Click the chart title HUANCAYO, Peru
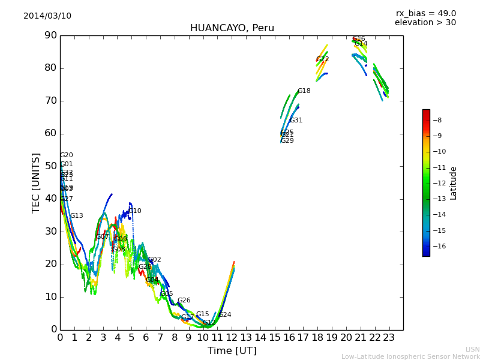click(232, 28)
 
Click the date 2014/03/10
click(47, 16)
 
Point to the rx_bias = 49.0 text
click(425, 13)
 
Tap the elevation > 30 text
click(425, 23)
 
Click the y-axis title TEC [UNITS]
click(37, 182)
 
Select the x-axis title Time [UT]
click(232, 350)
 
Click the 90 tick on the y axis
click(50, 35)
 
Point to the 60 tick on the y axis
click(50, 133)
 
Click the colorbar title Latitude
click(453, 183)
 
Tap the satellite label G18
click(304, 91)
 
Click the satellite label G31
click(296, 121)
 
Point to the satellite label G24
click(224, 315)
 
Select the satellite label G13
click(76, 216)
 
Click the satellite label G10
click(135, 211)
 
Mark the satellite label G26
click(184, 301)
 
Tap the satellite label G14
click(361, 44)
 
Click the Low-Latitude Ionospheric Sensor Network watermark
click(410, 356)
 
